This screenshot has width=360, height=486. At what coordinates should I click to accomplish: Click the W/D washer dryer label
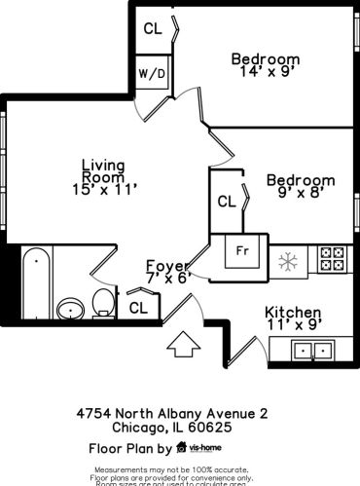point(150,73)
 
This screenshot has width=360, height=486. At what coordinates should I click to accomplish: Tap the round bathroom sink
point(70,311)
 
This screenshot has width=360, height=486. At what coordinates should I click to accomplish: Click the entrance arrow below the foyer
point(181,345)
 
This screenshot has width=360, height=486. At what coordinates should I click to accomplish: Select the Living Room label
point(102,171)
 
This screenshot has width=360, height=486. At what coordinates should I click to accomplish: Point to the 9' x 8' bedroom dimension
point(301,195)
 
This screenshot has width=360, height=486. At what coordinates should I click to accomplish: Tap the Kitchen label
point(293,314)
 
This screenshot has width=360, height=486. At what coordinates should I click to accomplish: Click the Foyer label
point(166,265)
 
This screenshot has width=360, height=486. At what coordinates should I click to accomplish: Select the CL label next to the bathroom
point(138,307)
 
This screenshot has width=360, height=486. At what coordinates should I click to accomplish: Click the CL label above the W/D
point(153,28)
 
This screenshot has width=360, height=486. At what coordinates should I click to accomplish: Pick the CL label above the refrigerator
point(227,202)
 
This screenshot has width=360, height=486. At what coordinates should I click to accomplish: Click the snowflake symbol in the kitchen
point(287,260)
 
